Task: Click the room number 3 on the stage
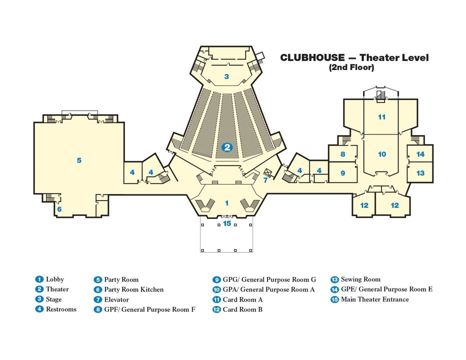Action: pos(226,76)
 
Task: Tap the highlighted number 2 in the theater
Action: pos(227,147)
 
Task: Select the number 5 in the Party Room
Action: pos(79,160)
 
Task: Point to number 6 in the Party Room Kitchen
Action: pos(59,209)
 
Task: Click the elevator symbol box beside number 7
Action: pos(267,172)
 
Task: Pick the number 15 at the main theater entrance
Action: pos(227,223)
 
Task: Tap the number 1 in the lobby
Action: pos(226,203)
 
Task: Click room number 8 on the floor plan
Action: pos(343,154)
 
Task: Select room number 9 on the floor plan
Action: pos(343,173)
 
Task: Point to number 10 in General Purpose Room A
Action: pos(382,154)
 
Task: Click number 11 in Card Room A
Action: pos(382,117)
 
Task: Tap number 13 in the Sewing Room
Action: pos(420,173)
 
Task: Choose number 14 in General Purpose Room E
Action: pos(420,154)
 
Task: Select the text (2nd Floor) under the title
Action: pos(351,67)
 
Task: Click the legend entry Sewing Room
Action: pos(360,279)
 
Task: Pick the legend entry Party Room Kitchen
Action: pos(133,289)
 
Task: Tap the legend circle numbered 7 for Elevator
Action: pos(98,299)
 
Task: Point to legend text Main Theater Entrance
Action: pos(374,299)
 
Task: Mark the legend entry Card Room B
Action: pos(242,309)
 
